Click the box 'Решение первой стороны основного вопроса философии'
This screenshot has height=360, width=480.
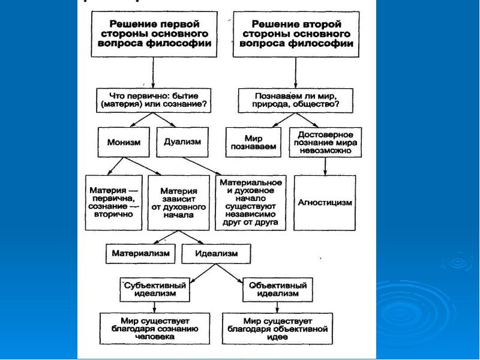tap(154, 34)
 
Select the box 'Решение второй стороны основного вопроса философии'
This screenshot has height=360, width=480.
tap(296, 34)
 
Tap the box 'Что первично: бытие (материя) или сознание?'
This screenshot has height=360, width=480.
tap(154, 100)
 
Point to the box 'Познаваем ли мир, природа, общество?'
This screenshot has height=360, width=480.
tap(296, 100)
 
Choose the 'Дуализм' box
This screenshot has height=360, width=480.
tap(182, 142)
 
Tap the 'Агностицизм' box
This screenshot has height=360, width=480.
tap(325, 202)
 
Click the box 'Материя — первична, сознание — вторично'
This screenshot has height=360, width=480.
tap(113, 202)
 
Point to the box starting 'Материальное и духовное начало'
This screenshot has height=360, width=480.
tap(251, 202)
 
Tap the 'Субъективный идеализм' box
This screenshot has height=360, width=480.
tap(156, 289)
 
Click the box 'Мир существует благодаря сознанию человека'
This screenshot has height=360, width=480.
tap(155, 328)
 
